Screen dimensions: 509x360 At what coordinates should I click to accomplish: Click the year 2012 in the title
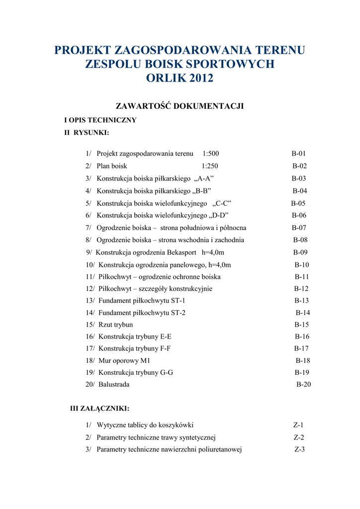point(198,78)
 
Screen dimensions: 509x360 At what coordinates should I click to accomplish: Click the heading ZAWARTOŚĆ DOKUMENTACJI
point(180,106)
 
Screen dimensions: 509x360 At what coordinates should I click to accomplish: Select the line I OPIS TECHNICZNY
point(100,120)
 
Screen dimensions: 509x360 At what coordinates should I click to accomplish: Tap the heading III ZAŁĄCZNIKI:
point(99,409)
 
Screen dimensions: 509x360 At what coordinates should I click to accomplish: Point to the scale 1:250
point(210,166)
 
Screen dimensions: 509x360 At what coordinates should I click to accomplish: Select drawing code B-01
point(299,154)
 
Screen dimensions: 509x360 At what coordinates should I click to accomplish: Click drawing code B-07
point(299,228)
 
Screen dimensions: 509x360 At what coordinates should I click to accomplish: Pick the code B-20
point(304,384)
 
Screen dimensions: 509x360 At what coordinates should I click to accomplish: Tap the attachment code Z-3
point(299,449)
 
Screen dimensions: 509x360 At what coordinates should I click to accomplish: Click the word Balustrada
point(114,384)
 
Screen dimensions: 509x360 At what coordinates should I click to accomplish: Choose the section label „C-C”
point(221,203)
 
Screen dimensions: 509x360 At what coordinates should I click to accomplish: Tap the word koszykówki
point(175,425)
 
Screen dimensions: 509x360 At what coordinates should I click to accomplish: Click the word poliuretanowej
point(218,449)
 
